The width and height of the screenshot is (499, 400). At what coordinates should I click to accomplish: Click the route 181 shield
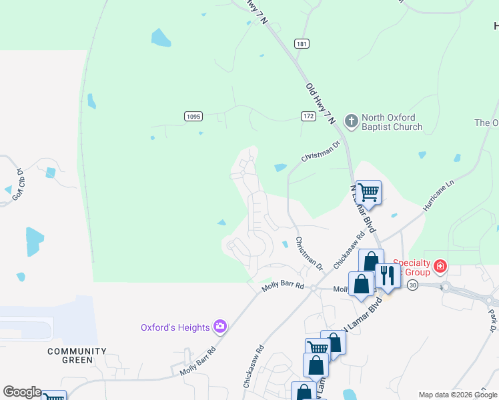click(302, 44)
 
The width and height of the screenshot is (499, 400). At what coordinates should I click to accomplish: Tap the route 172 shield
click(308, 116)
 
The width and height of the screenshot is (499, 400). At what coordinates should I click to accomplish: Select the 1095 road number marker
click(193, 116)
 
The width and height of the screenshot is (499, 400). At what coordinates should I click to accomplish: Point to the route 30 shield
click(413, 285)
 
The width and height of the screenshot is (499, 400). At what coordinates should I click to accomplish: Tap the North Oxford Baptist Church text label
click(392, 122)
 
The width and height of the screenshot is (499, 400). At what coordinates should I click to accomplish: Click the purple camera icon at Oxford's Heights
click(219, 327)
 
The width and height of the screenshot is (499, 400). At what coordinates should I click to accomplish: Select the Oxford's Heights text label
click(175, 327)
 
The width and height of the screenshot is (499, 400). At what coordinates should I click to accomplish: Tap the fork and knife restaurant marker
click(387, 274)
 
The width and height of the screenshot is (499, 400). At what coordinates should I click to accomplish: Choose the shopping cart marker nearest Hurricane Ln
click(368, 193)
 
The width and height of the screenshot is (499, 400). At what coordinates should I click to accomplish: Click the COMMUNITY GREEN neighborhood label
click(77, 355)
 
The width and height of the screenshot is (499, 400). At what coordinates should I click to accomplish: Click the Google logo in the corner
click(22, 392)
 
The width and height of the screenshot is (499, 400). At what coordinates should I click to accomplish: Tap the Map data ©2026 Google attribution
click(457, 395)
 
